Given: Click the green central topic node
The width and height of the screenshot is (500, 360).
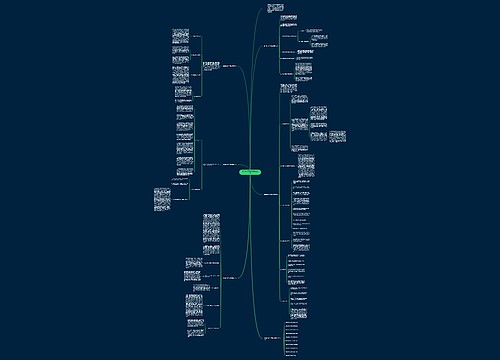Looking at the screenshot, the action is point(249,172).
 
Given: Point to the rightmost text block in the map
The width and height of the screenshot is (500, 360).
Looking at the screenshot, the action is point(335,136).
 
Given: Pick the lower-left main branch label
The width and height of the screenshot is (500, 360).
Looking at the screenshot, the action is point(227,278).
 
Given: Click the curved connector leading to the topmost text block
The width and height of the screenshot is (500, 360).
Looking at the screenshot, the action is point(257,30).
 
